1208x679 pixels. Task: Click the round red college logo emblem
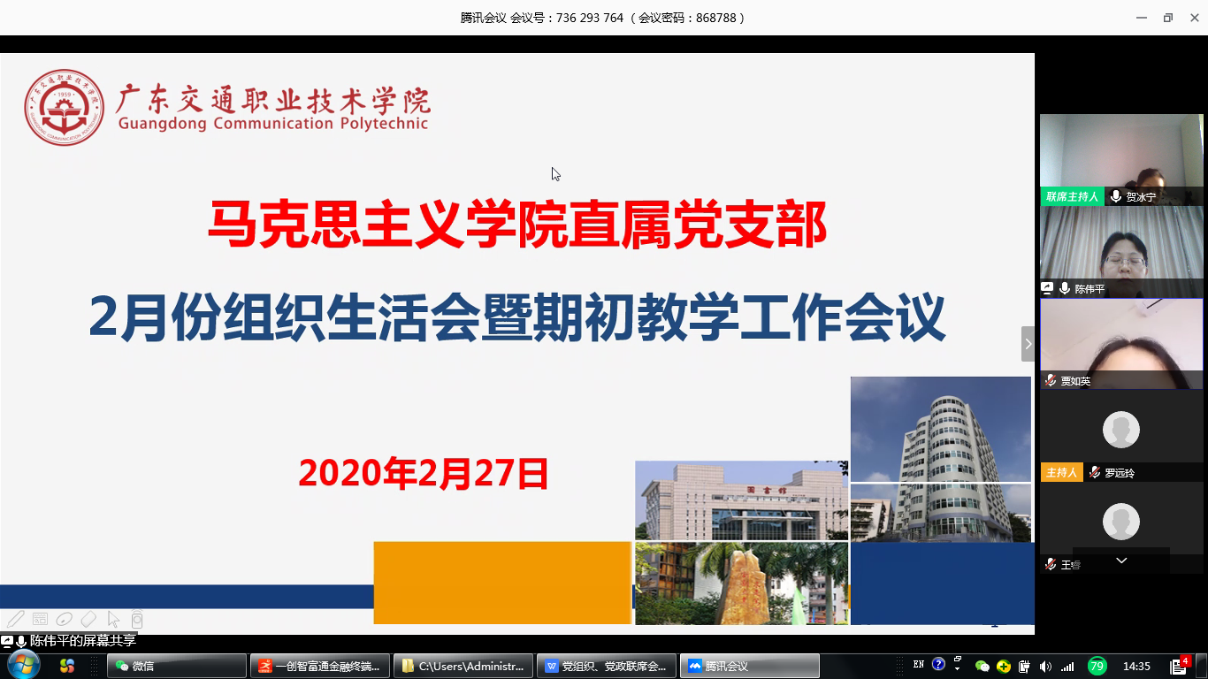tap(64, 108)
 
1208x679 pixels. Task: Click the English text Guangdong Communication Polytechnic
tap(273, 124)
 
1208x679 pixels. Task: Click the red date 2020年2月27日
tap(424, 474)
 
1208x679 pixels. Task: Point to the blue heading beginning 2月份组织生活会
tap(517, 319)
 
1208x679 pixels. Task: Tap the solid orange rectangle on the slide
tap(502, 583)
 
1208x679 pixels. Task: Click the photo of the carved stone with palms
tap(741, 584)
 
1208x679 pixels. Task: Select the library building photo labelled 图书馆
tap(741, 500)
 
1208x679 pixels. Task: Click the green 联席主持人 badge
tap(1072, 197)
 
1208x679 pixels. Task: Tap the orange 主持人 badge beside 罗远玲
tap(1061, 473)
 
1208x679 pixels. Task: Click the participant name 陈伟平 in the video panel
tap(1089, 289)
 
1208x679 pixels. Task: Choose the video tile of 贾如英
tap(1121, 344)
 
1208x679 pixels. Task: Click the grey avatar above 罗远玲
tap(1120, 430)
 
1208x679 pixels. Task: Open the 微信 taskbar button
tap(176, 666)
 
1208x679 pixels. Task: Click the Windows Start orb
tap(22, 665)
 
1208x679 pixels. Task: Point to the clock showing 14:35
tap(1136, 666)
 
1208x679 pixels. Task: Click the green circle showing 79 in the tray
tap(1097, 666)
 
